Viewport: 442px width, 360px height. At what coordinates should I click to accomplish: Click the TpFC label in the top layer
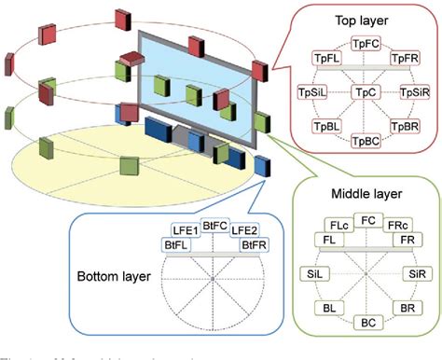(x=366, y=44)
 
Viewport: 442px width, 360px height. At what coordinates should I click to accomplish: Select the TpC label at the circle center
(x=366, y=92)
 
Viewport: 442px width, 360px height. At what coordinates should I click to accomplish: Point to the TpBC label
(x=366, y=142)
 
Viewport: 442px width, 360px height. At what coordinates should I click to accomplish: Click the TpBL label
(x=327, y=127)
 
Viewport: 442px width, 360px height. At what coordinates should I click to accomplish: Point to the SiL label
(x=314, y=273)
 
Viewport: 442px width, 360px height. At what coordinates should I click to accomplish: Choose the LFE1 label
(x=186, y=230)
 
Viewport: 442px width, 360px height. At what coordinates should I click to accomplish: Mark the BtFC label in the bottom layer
(x=214, y=225)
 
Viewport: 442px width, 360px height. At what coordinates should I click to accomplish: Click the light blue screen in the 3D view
(x=196, y=89)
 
